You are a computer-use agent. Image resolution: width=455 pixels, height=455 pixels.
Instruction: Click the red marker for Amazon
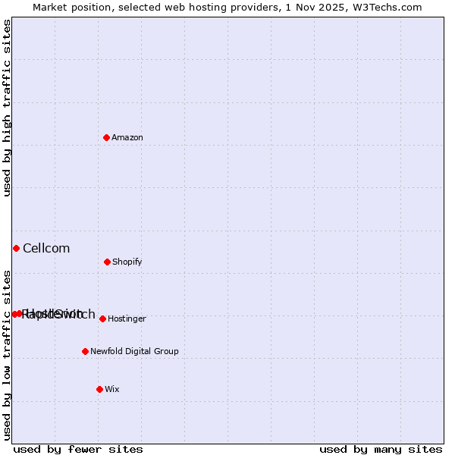click(106, 137)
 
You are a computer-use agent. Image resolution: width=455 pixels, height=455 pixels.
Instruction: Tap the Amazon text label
click(127, 138)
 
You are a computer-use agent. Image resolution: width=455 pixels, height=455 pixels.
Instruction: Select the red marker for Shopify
click(107, 262)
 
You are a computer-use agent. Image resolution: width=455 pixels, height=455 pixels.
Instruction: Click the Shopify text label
click(127, 262)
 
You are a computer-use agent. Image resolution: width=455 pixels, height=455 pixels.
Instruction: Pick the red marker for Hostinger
click(102, 318)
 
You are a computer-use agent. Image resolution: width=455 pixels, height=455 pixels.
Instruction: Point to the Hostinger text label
click(127, 319)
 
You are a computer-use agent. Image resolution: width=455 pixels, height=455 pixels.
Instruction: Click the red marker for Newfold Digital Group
click(85, 351)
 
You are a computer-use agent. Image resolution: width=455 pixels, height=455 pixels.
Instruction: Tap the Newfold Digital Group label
click(134, 352)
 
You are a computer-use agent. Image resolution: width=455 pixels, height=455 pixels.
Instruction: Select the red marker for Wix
click(99, 389)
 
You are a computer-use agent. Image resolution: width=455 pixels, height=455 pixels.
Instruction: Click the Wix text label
click(112, 390)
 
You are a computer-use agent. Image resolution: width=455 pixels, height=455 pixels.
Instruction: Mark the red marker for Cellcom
click(16, 248)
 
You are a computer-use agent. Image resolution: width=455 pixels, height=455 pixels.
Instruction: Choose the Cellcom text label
click(46, 249)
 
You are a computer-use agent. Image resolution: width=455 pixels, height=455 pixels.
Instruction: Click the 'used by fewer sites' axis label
click(78, 449)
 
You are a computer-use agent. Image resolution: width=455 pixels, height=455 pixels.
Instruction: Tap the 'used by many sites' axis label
click(381, 449)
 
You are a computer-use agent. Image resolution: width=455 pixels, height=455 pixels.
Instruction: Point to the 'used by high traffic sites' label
click(8, 108)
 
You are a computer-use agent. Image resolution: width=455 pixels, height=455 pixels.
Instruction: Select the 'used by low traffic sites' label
click(8, 355)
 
